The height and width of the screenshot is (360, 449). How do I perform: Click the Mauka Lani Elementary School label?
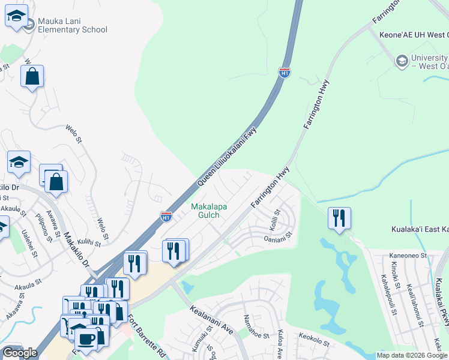[72, 25]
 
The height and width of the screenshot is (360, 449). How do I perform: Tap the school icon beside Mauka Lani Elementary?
[17, 17]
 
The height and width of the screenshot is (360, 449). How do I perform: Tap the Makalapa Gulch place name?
[209, 211]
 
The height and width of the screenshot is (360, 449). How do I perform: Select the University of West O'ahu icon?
[401, 61]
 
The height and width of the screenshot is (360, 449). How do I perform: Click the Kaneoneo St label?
[406, 256]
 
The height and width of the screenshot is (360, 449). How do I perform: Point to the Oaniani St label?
[277, 238]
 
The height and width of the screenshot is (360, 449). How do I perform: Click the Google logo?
[20, 353]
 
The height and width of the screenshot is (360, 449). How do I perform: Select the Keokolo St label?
[314, 341]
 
